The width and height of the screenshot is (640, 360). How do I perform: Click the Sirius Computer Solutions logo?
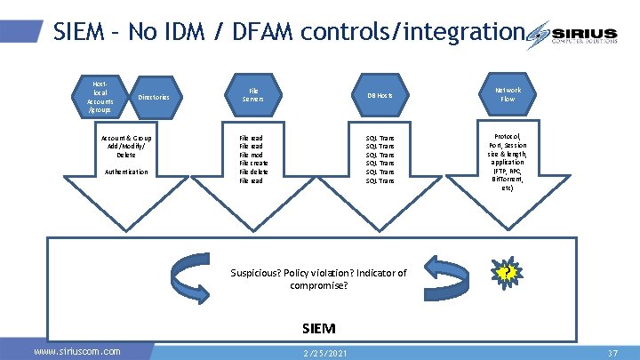(581, 35)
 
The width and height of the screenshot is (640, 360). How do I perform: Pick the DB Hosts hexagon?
(380, 95)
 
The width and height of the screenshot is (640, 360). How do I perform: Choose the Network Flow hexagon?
(508, 94)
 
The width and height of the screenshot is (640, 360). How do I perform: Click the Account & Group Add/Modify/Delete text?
(126, 146)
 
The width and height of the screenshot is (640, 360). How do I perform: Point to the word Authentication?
(126, 172)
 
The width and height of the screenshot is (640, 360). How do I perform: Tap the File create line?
(253, 164)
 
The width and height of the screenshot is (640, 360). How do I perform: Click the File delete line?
(253, 172)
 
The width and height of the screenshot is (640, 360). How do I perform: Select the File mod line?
(252, 155)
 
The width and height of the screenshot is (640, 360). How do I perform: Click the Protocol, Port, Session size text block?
(507, 163)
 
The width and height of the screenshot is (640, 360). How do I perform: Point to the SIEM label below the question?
(318, 328)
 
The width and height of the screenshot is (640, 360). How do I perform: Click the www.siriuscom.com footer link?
(76, 351)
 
